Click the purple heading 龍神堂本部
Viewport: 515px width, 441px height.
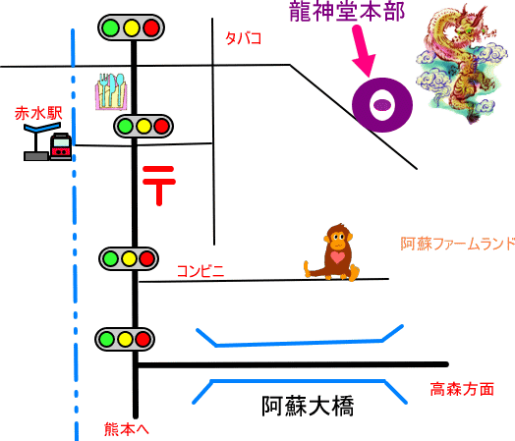pos(347,12)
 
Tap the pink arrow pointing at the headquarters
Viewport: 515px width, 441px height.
pos(362,51)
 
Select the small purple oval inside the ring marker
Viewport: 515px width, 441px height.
pos(381,105)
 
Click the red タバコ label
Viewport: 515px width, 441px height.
pos(243,38)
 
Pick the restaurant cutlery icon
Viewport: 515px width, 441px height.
pos(111,91)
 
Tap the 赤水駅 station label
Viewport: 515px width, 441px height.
pos(38,113)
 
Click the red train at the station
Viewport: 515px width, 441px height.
pos(61,146)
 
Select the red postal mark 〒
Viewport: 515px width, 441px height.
pos(159,186)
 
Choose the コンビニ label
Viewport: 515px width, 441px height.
pos(200,271)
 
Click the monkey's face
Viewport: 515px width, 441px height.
pos(338,238)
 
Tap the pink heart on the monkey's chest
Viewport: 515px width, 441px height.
pos(337,257)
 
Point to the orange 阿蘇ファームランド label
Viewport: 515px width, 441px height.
pos(458,244)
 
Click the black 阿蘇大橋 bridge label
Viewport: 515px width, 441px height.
pos(308,407)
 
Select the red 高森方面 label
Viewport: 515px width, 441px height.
pos(462,389)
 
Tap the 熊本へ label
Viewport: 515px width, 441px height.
pos(127,429)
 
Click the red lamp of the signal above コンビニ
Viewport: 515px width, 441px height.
pos(146,258)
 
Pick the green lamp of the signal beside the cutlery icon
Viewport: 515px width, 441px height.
pos(125,126)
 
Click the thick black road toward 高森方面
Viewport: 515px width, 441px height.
pos(292,364)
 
